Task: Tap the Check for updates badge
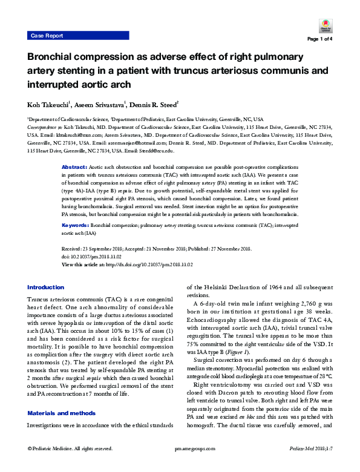coord(324,25)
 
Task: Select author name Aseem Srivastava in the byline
coord(99,104)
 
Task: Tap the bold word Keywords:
coord(77,225)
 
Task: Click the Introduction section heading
coord(45,287)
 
